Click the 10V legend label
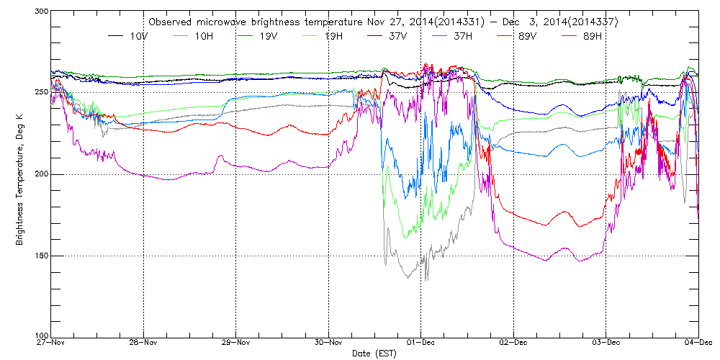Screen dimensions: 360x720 pyautogui.click(x=140, y=35)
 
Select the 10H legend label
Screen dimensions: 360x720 pyautogui.click(x=204, y=35)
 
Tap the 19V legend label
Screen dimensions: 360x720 pyautogui.click(x=269, y=35)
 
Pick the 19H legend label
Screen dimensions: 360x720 pyautogui.click(x=333, y=35)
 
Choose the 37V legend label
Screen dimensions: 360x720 pyautogui.click(x=398, y=35)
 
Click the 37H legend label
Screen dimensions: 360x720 pyautogui.click(x=463, y=35)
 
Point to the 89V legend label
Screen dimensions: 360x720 pyautogui.click(x=528, y=35)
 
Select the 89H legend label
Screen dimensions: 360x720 pyautogui.click(x=592, y=35)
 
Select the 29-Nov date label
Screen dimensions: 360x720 pyautogui.click(x=235, y=343)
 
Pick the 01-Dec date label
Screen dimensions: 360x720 pyautogui.click(x=420, y=343)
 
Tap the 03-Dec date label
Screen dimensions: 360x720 pyautogui.click(x=606, y=343)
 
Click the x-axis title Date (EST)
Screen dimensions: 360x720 pyautogui.click(x=374, y=354)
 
